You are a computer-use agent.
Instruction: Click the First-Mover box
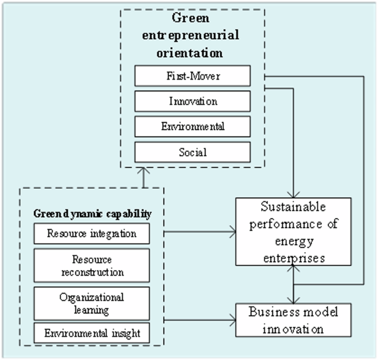[x=193, y=76]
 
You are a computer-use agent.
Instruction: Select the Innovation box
[x=193, y=101]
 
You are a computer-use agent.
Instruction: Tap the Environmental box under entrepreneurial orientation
[x=193, y=126]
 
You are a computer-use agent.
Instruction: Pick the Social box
[x=193, y=152]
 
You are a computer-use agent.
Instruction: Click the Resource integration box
[x=92, y=233]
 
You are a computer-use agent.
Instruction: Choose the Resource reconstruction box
[x=92, y=266]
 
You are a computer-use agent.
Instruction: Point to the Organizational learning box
[x=92, y=303]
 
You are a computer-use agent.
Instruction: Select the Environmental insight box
[x=92, y=333]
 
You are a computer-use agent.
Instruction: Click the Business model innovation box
[x=293, y=320]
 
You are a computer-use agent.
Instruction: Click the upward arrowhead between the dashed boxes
[x=142, y=171]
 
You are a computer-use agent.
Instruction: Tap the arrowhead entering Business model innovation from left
[x=232, y=320]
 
